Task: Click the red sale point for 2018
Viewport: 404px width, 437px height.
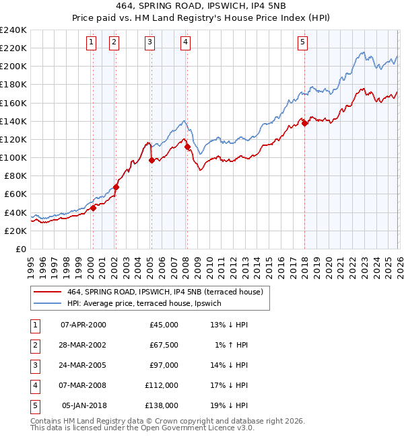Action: point(304,123)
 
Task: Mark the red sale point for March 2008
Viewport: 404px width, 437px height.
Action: point(187,147)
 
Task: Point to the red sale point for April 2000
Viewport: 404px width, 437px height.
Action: point(93,208)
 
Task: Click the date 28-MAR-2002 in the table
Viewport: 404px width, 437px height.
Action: point(83,344)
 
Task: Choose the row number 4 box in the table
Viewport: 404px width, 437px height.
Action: point(34,385)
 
